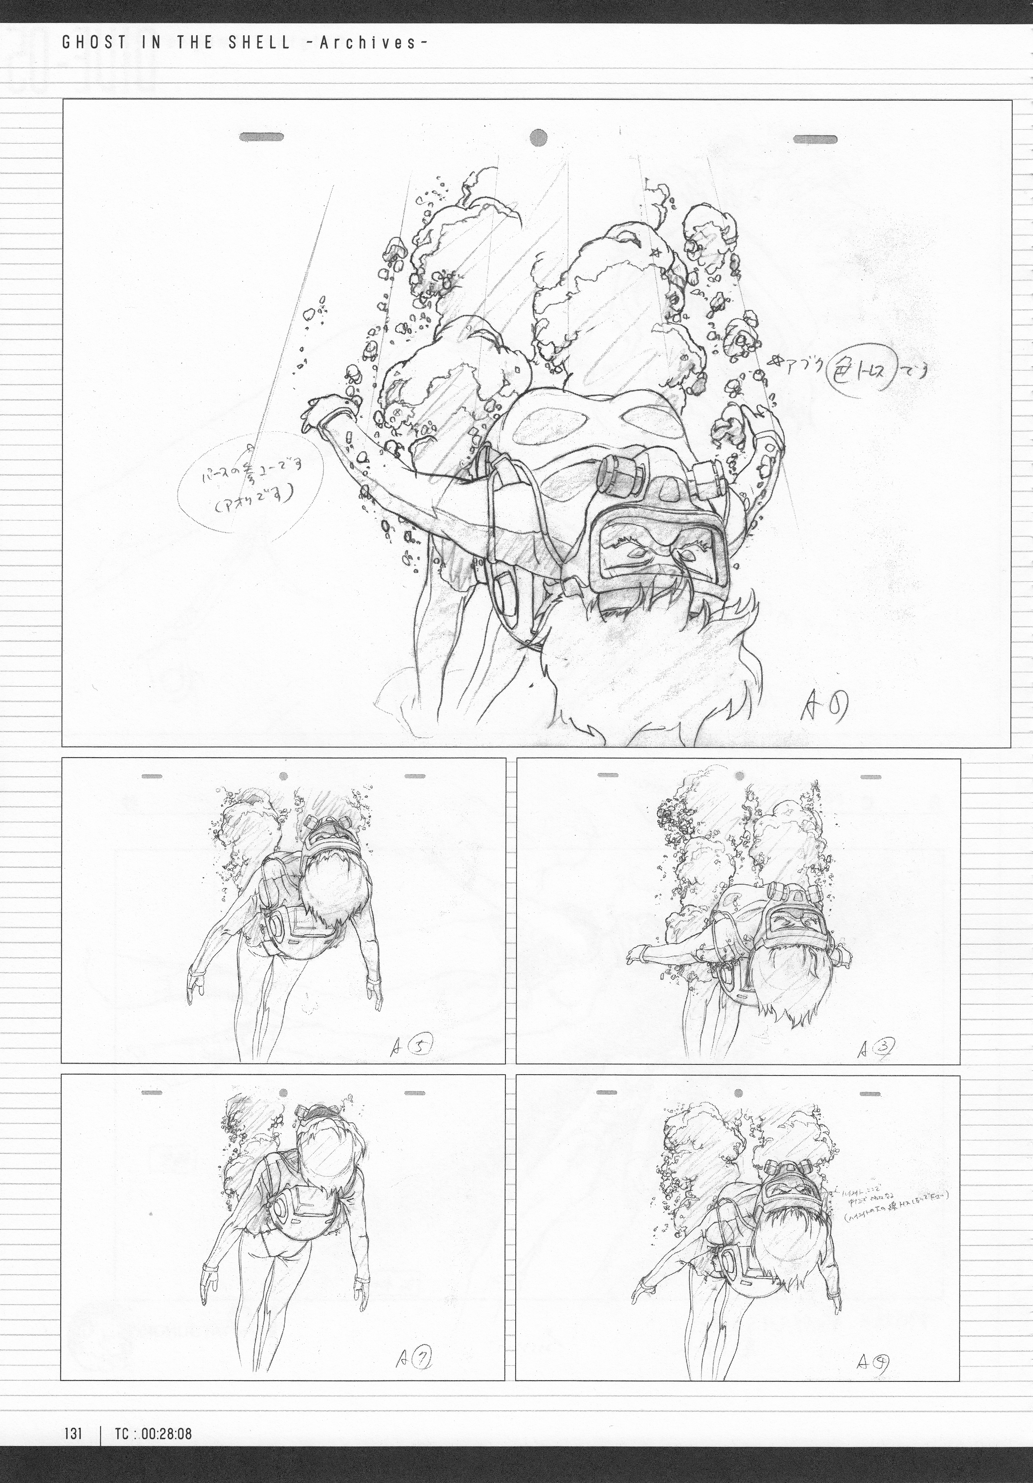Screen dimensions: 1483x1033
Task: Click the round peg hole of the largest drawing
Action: coord(538,137)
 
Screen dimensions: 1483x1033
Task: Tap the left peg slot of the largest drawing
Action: coord(262,137)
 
